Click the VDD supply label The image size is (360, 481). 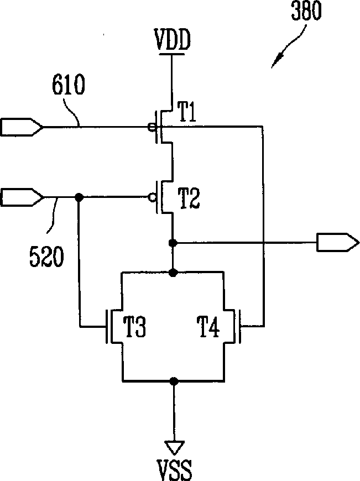(173, 40)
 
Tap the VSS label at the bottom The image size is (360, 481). (174, 470)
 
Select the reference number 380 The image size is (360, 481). (306, 11)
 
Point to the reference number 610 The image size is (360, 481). (68, 85)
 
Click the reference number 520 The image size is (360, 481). (46, 256)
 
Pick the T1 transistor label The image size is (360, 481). (187, 112)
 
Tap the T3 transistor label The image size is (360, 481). (134, 326)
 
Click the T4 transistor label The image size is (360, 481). (208, 327)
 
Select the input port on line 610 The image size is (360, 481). (22, 127)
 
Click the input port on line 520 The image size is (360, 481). (22, 197)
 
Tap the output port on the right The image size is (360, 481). (337, 242)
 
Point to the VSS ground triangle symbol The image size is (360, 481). (174, 447)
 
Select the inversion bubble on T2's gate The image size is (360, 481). (152, 197)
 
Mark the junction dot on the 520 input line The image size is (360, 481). (79, 197)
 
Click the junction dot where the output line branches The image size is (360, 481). (173, 243)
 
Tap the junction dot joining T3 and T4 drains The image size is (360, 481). (173, 272)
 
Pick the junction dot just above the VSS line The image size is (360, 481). (174, 381)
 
